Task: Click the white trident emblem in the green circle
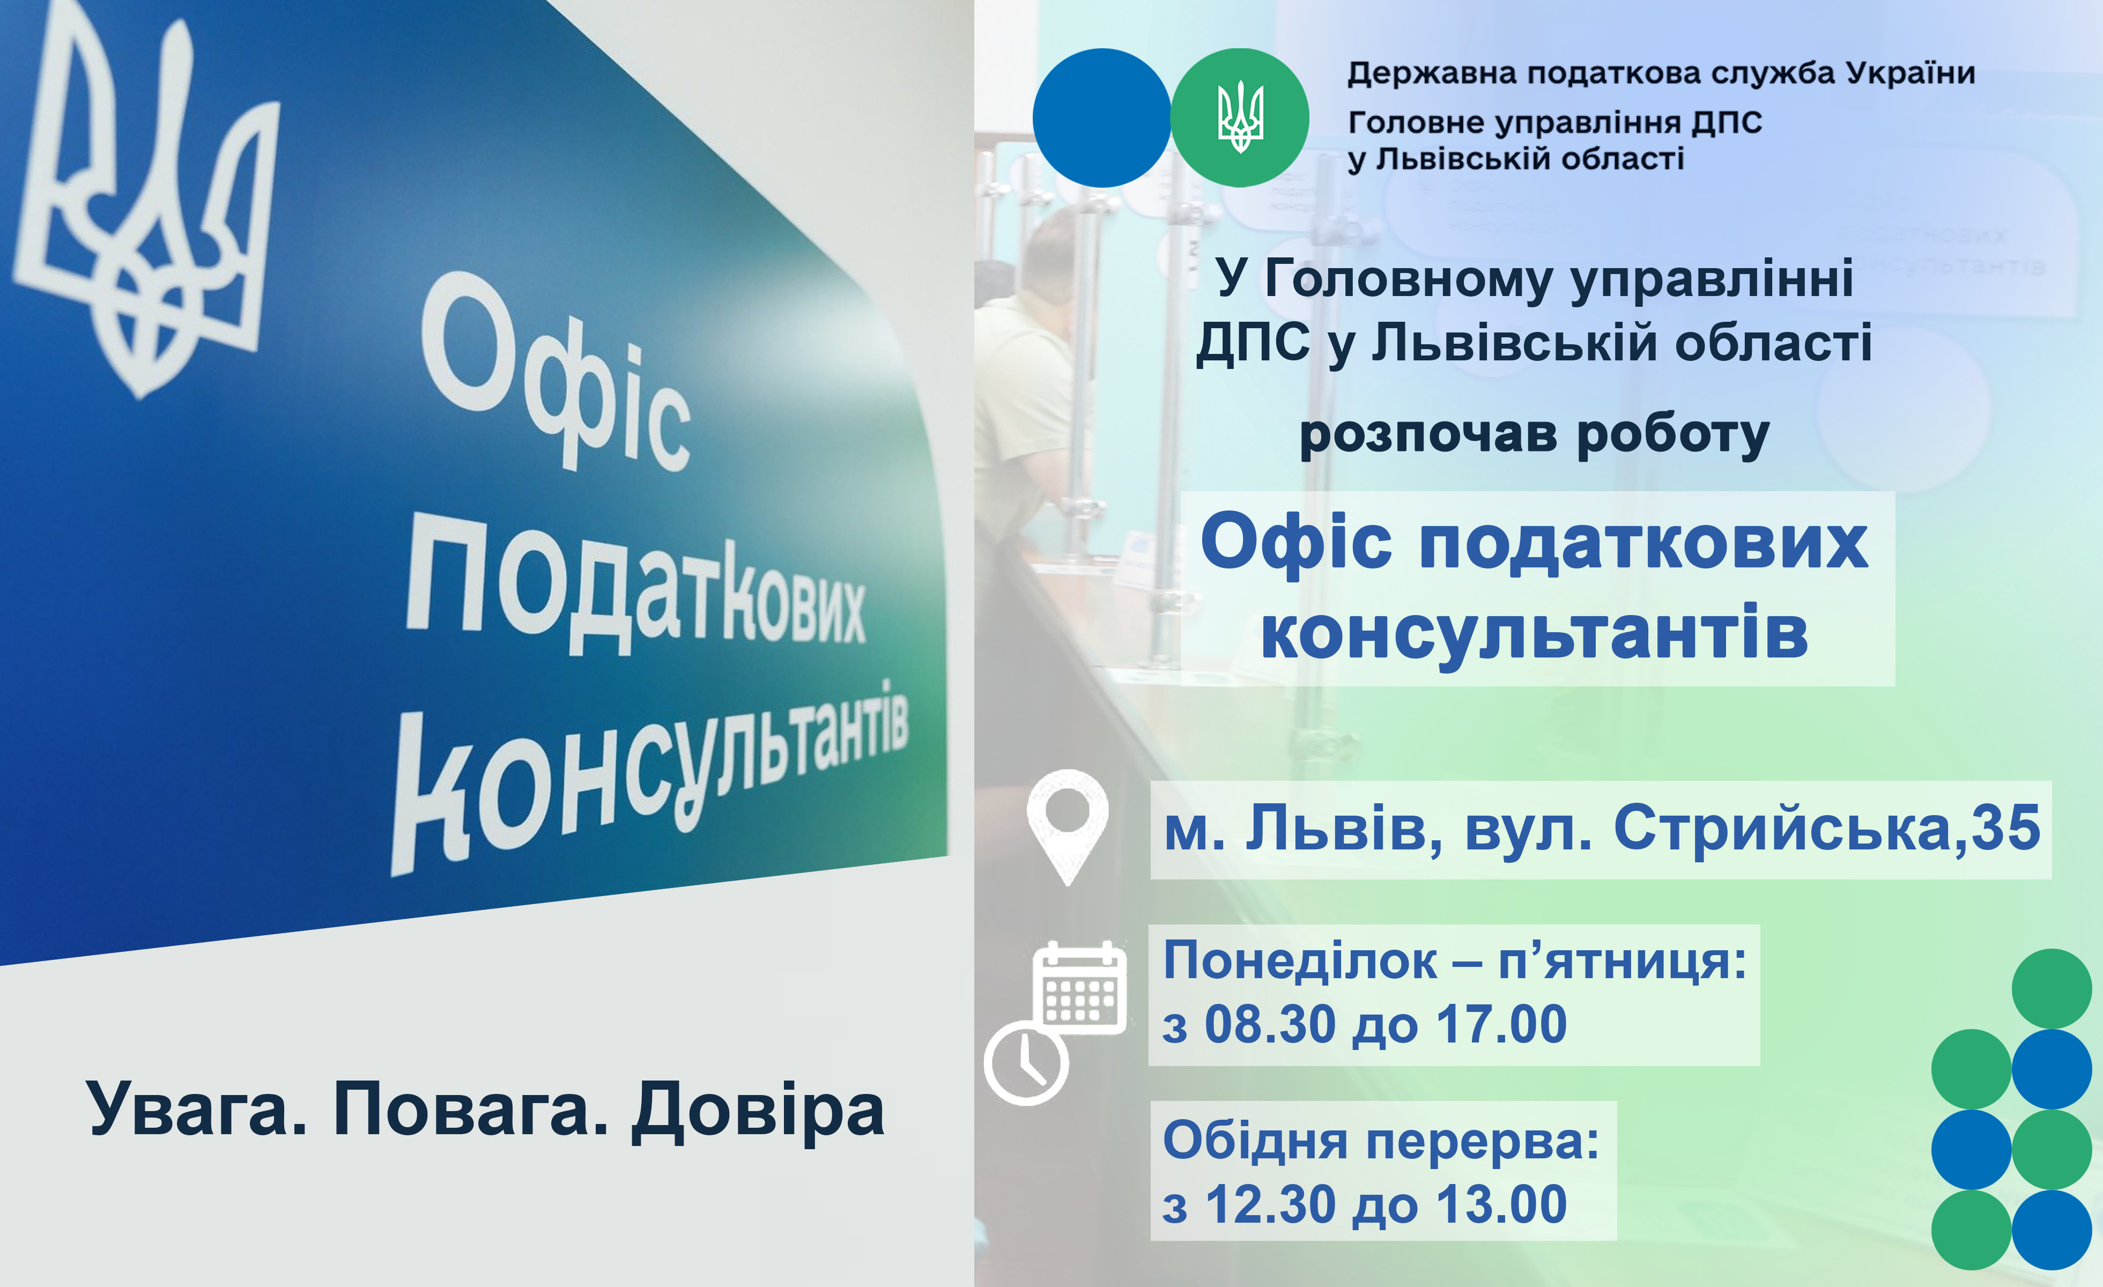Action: pos(1240,118)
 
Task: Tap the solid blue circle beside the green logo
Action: pos(1102,118)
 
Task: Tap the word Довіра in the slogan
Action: pos(758,1110)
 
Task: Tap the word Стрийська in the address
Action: pos(1782,830)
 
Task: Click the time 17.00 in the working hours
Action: pos(1501,1024)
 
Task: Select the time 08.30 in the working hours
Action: pos(1270,1024)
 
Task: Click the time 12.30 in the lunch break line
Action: pos(1270,1204)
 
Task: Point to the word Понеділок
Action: pos(1300,961)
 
